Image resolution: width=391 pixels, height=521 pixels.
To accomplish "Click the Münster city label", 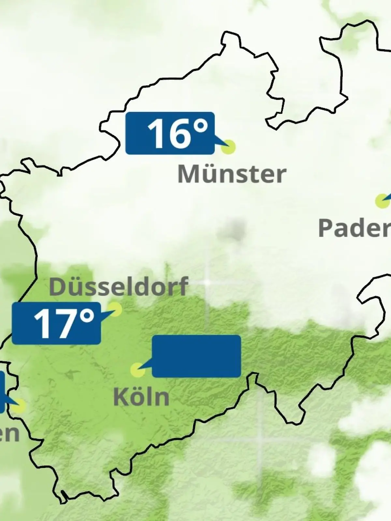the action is [x=232, y=174].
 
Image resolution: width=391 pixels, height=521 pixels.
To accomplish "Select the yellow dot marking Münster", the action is [x=228, y=147].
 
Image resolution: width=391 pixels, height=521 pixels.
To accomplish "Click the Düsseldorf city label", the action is [x=119, y=287].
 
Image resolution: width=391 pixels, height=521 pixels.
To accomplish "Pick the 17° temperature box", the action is [x=56, y=323].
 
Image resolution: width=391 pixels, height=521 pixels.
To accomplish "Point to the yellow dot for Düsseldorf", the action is [x=115, y=309].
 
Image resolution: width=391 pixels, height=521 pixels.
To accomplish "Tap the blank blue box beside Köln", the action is [x=196, y=356].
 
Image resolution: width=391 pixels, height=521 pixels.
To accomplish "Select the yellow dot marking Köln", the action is [x=138, y=370].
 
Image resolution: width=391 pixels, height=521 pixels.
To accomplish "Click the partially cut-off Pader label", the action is [x=355, y=228].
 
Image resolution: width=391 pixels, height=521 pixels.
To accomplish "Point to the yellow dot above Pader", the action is [x=382, y=201].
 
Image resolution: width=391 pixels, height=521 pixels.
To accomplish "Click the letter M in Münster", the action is [x=187, y=174].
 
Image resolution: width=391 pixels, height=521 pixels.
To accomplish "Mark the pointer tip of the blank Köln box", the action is [x=139, y=369].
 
